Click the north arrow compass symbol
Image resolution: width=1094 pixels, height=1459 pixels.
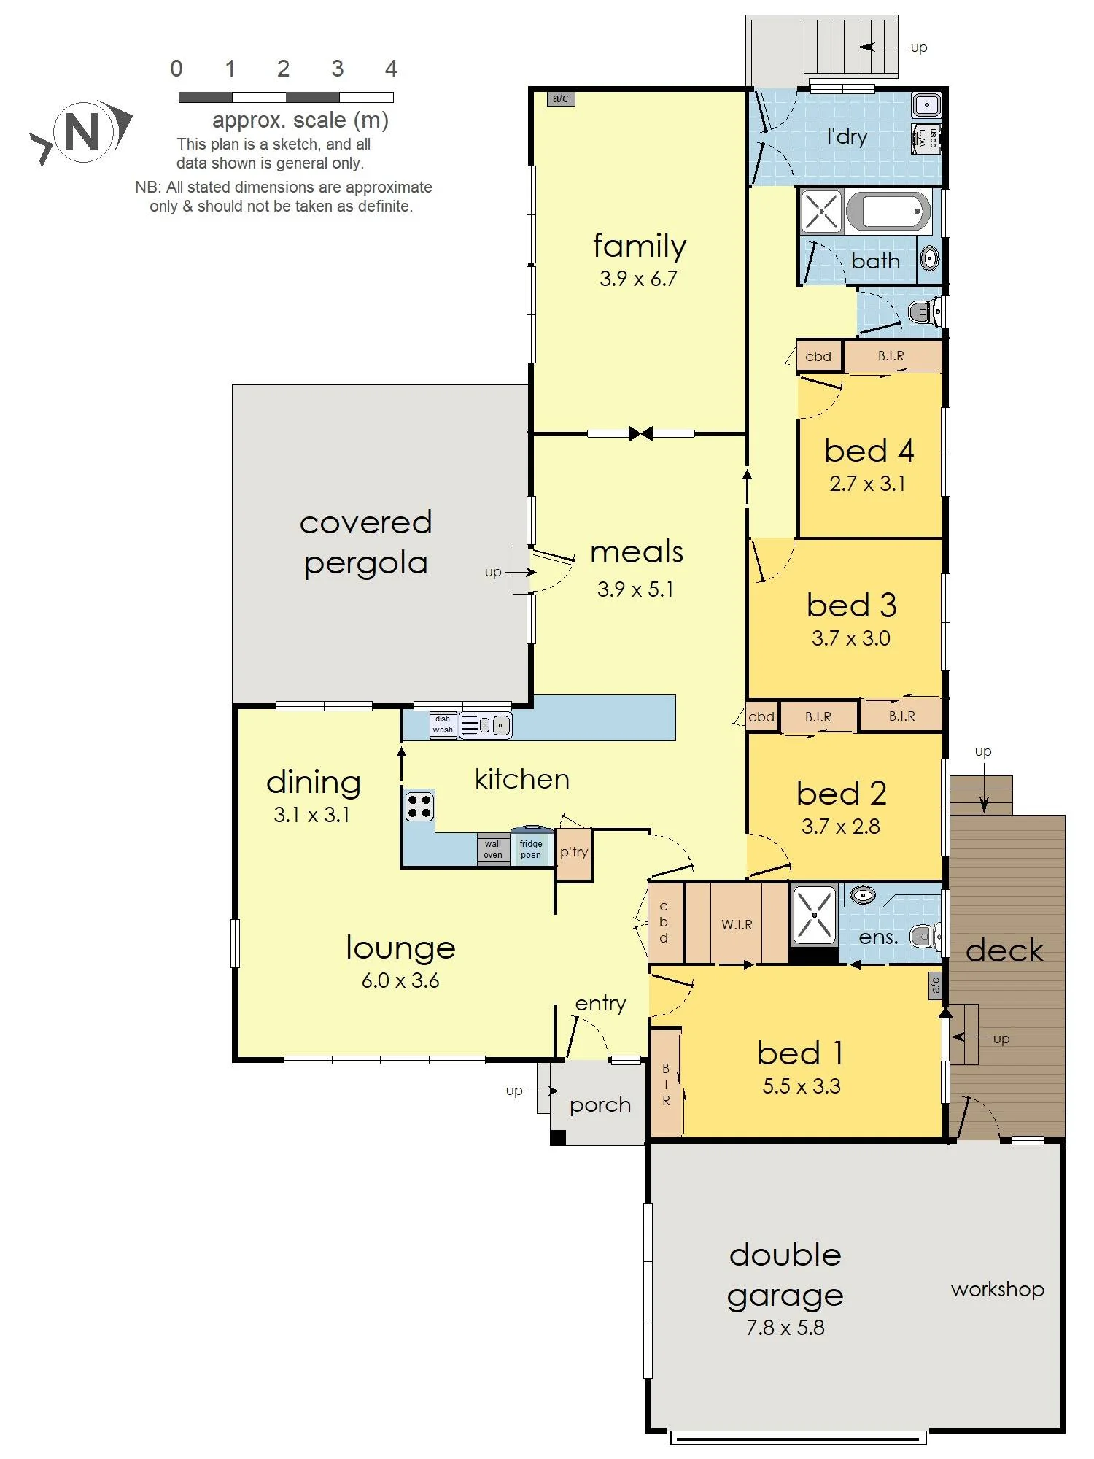82,132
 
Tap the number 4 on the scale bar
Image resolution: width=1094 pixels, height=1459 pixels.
391,69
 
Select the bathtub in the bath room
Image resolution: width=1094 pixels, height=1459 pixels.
888,212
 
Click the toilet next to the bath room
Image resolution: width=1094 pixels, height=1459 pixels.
924,313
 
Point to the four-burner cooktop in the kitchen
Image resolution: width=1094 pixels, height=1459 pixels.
419,805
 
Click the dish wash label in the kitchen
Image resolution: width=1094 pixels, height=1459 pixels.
443,724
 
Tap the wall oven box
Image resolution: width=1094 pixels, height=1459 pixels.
493,849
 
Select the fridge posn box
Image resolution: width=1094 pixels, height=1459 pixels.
531,847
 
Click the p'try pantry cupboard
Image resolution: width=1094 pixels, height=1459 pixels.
574,854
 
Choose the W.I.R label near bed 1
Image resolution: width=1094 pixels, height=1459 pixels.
737,924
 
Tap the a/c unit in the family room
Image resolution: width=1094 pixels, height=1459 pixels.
560,98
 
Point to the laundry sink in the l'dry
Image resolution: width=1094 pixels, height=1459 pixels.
926,105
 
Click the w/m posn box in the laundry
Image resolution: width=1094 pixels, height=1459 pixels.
926,139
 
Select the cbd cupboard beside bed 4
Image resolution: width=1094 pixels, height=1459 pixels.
819,356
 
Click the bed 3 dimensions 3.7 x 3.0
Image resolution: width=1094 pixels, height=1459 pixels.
851,638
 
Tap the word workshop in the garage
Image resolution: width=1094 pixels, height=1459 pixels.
997,1290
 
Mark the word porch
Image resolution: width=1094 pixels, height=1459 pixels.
600,1105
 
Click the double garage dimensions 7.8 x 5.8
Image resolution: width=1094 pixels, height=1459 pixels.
785,1327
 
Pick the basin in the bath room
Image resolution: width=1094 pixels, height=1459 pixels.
929,258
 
